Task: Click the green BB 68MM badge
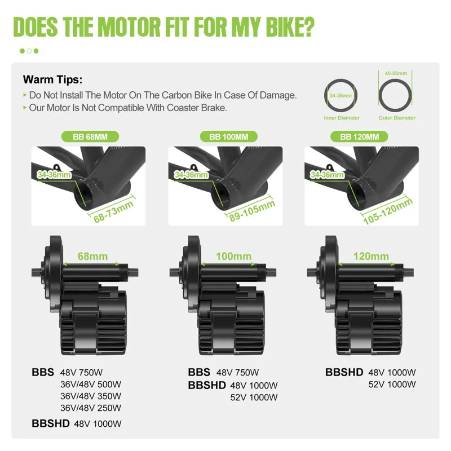[x=89, y=136]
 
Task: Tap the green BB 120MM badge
[x=363, y=136]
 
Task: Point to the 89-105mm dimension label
[x=251, y=211]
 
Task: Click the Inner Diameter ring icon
[x=342, y=96]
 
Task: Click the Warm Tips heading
[x=52, y=79]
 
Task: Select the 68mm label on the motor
[x=93, y=256]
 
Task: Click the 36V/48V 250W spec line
[x=90, y=408]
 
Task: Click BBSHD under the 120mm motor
[x=344, y=372]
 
